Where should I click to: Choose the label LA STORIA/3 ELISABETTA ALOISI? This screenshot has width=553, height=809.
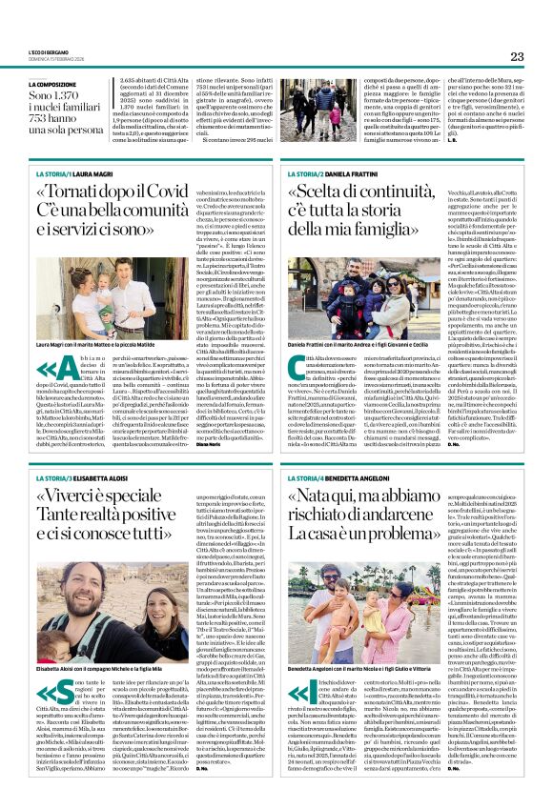[x=86, y=476]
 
